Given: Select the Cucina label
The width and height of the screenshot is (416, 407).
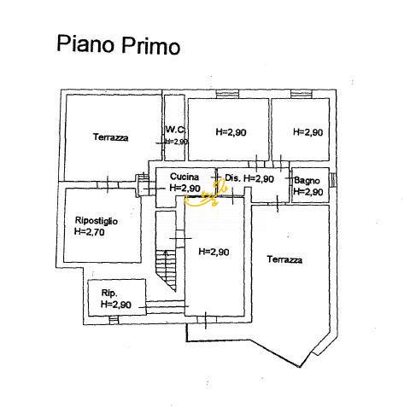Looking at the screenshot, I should coord(185,177).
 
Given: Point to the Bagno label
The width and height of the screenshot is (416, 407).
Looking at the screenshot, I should coord(307,180).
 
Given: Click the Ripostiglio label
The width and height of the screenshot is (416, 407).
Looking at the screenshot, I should coord(96,221).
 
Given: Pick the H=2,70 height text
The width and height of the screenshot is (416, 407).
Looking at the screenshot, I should coord(90,231).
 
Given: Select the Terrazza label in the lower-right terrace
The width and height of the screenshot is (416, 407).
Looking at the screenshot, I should coord(284,259).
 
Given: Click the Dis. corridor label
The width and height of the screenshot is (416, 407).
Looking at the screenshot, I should coord(232,178).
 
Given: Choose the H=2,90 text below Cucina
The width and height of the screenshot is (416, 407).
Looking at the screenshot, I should coord(185,188).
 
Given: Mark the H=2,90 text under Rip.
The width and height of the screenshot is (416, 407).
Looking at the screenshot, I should coord(115,304).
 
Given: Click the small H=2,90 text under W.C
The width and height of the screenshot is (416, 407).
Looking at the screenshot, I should coord(175,142).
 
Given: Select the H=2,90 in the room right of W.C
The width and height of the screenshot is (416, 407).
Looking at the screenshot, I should coord(231,132).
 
